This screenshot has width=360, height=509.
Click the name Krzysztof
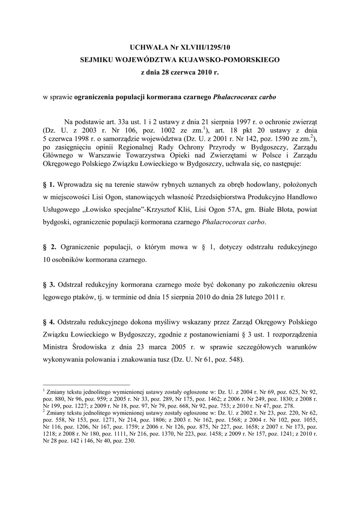tap(160, 210)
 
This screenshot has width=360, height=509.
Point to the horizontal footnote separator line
tap(87, 385)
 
